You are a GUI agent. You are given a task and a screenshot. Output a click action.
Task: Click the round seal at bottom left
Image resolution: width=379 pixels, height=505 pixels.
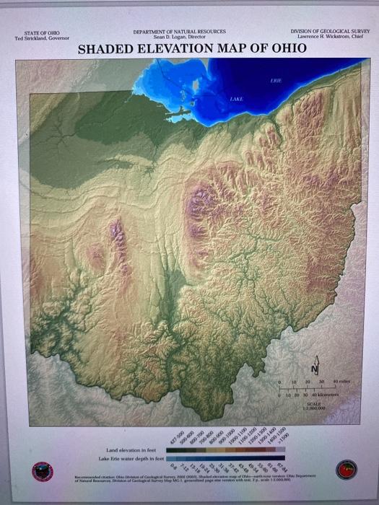[x=43, y=471]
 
